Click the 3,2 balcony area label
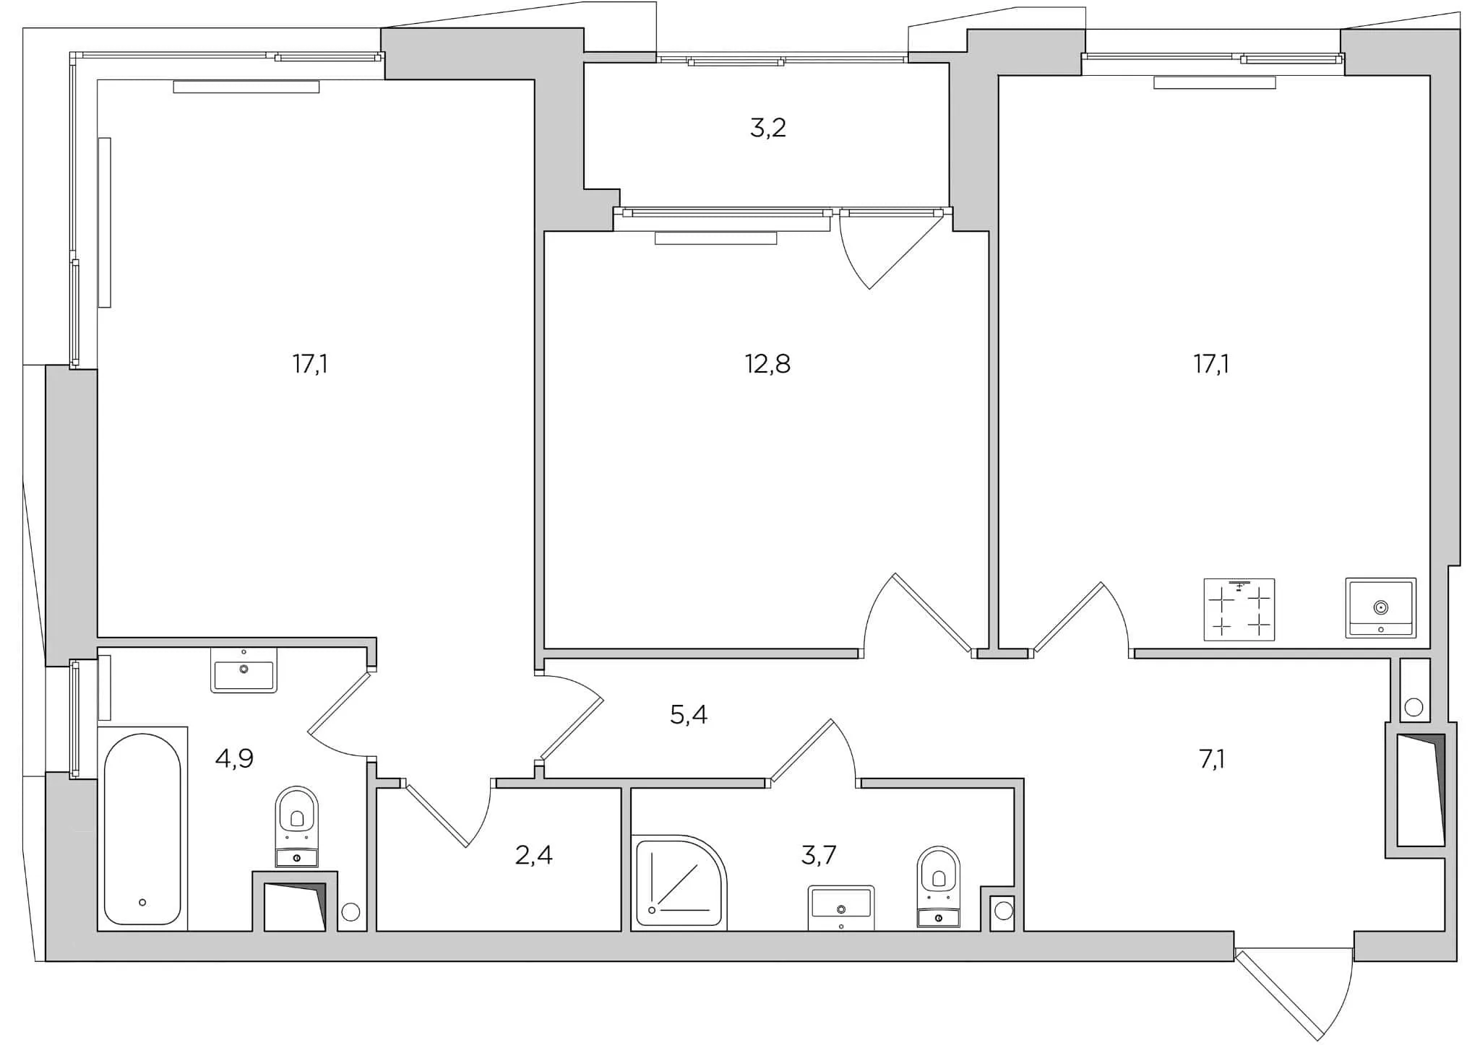tap(767, 129)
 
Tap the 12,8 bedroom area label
tap(767, 364)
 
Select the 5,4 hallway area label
tap(688, 715)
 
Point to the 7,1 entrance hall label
tap(1211, 759)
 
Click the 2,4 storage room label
tap(533, 855)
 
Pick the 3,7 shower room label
tap(818, 855)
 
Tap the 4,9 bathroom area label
tap(234, 758)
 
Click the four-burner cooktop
tap(1239, 609)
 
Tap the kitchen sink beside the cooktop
tap(1380, 607)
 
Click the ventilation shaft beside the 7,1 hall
tap(1421, 789)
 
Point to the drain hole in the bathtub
tap(142, 902)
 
